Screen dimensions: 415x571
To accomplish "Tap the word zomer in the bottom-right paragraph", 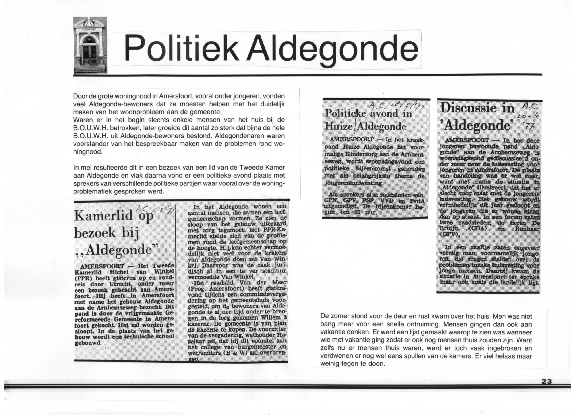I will (x=340, y=316).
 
